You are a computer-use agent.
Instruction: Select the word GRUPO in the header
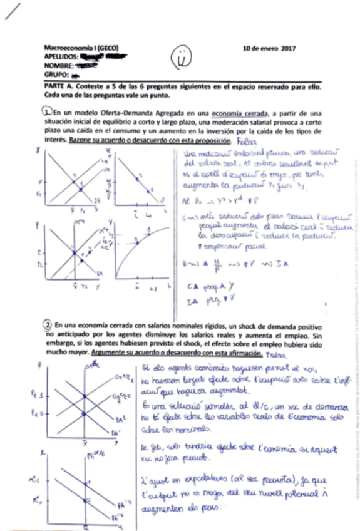tap(54, 73)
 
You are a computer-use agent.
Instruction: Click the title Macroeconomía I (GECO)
tap(81, 48)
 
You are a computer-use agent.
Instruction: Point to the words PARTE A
tap(59, 87)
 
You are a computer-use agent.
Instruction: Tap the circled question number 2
tap(47, 324)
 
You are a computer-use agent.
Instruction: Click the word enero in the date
tap(266, 48)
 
